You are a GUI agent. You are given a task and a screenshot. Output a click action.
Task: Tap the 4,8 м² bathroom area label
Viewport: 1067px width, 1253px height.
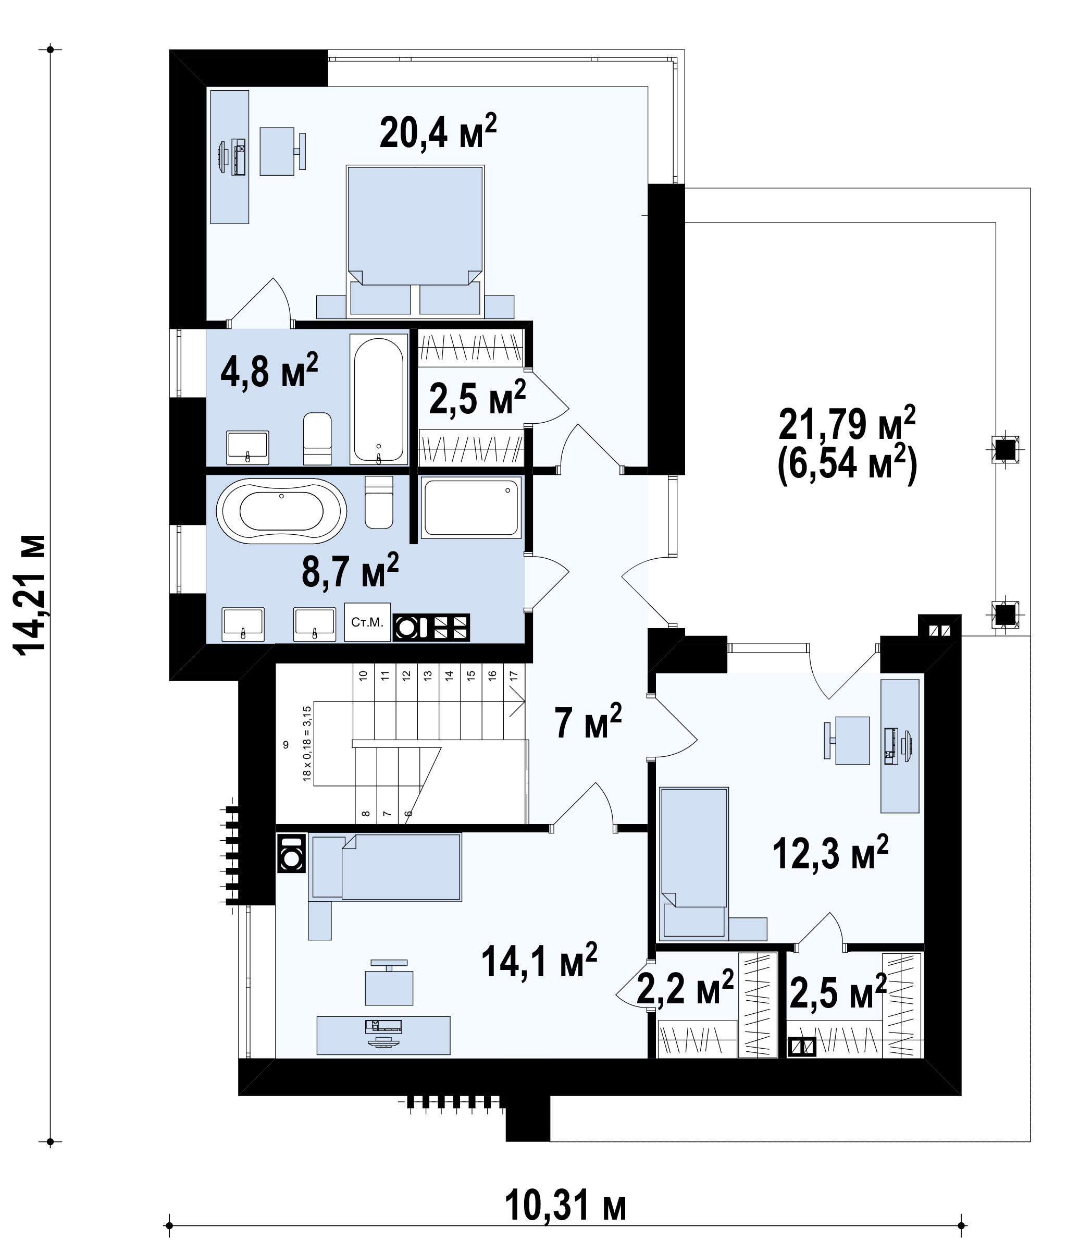pyautogui.click(x=269, y=371)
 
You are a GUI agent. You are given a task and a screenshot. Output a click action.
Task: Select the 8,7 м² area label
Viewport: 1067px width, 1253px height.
pyautogui.click(x=350, y=570)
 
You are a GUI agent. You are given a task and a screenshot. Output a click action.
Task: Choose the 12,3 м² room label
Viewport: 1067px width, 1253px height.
pyautogui.click(x=830, y=853)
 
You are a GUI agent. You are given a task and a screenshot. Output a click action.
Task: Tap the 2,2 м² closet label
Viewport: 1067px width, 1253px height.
pyautogui.click(x=685, y=988)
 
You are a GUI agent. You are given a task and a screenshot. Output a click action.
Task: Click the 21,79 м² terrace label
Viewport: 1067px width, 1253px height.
pyautogui.click(x=847, y=424)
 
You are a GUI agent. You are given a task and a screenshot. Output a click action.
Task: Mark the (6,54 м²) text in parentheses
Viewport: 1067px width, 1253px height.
pyautogui.click(x=847, y=465)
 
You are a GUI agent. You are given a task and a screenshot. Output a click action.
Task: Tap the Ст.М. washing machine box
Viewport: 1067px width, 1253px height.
pyautogui.click(x=367, y=622)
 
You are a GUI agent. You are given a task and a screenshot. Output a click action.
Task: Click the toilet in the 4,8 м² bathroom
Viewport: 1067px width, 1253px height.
pyautogui.click(x=317, y=438)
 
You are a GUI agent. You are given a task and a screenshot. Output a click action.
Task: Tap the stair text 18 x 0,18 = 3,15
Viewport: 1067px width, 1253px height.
pyautogui.click(x=307, y=743)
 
